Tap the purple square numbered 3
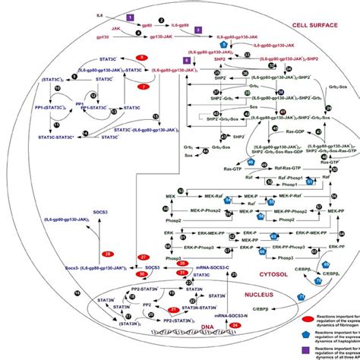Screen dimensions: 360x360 tap(198, 30)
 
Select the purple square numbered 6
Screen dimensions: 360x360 tap(186, 59)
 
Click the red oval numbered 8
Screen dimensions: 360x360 tap(141, 58)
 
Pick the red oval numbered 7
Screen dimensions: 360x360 tap(143, 87)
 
